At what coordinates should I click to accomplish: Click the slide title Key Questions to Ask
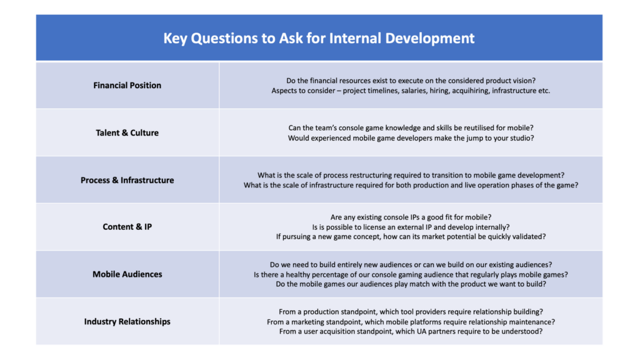point(318,38)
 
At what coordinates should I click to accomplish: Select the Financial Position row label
point(127,85)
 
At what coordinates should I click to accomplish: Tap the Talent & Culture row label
point(127,132)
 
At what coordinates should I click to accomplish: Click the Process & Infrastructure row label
point(127,180)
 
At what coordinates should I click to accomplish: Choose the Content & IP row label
point(127,227)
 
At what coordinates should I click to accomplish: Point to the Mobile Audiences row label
point(127,274)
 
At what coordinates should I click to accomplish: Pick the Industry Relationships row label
point(127,322)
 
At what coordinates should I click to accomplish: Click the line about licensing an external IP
point(411,227)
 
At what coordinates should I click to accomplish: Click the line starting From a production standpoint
point(411,312)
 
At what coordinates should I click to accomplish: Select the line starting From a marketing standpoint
point(411,322)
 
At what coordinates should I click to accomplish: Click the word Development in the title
point(430,38)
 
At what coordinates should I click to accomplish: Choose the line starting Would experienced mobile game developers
point(411,138)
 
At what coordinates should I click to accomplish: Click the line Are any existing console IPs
point(411,217)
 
